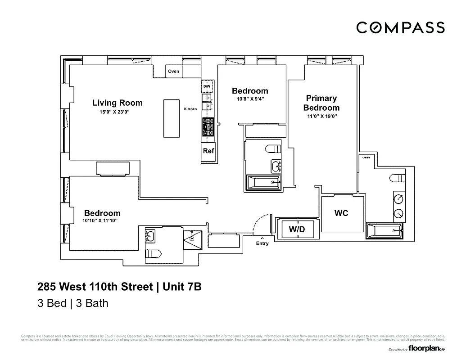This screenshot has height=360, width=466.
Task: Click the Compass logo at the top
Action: pyautogui.click(x=400, y=27)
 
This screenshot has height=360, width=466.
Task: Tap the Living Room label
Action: pyautogui.click(x=117, y=103)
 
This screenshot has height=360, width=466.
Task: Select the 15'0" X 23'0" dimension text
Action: pyautogui.click(x=115, y=112)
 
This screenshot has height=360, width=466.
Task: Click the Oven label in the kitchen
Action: pyautogui.click(x=173, y=71)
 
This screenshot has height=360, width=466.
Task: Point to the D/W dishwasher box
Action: pyautogui.click(x=207, y=86)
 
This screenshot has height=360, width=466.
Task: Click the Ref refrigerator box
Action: pyautogui.click(x=208, y=151)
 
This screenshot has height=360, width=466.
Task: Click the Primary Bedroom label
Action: pyautogui.click(x=321, y=103)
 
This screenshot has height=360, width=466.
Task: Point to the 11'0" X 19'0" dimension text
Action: pyautogui.click(x=321, y=116)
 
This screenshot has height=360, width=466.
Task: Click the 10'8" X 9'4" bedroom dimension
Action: pyautogui.click(x=250, y=99)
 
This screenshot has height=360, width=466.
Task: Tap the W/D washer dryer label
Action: pyautogui.click(x=297, y=229)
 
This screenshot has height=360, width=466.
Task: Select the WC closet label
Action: pyautogui.click(x=341, y=213)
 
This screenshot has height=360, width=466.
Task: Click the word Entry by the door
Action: pyautogui.click(x=262, y=243)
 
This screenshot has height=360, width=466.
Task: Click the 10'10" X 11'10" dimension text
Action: pyautogui.click(x=100, y=221)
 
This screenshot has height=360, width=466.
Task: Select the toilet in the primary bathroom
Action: pyautogui.click(x=398, y=178)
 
